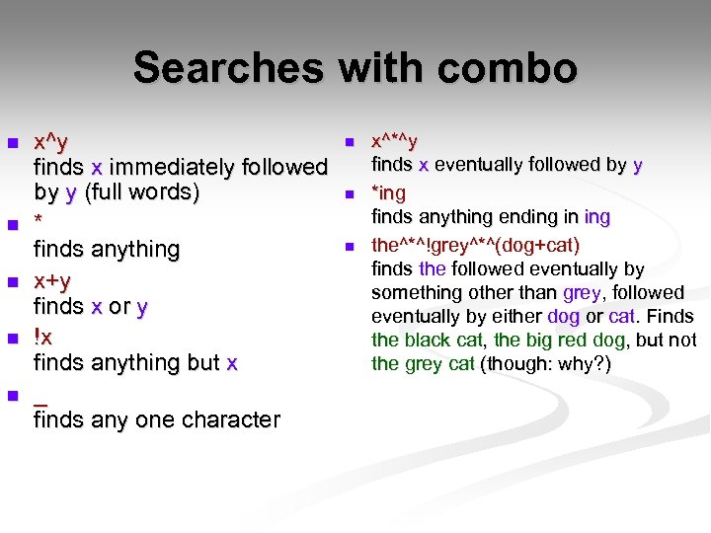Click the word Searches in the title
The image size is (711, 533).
coord(228,68)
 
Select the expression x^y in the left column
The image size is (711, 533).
coord(50,142)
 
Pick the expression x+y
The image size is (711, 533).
coord(52,280)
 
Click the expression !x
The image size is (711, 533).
coord(43,337)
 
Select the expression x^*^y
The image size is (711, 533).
coord(394,142)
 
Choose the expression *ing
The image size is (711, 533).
coord(388,193)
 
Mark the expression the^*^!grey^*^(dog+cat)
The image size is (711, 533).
coord(475,244)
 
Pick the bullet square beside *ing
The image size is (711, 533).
coord(348,194)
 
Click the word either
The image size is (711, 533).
coord(515,316)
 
